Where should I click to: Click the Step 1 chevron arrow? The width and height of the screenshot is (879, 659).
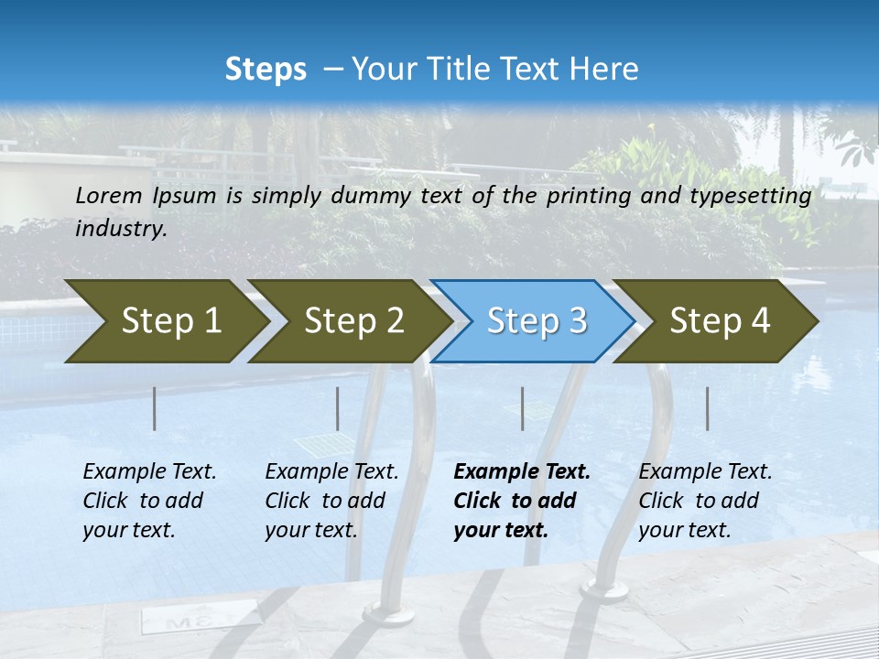click(x=165, y=321)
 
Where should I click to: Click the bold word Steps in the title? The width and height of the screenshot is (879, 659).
click(x=266, y=70)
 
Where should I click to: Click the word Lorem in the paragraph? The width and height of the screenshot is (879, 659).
click(x=108, y=195)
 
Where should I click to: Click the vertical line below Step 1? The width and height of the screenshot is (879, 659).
click(x=155, y=408)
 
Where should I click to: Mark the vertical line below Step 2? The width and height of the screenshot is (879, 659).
click(x=338, y=408)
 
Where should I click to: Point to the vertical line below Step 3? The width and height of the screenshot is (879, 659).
click(x=523, y=408)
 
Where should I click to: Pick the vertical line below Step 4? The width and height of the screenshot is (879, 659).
click(x=707, y=408)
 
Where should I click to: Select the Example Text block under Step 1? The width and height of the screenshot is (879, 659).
click(x=149, y=501)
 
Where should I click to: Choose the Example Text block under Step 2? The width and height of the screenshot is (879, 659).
click(x=331, y=501)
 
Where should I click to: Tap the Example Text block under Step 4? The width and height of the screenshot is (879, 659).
click(x=705, y=501)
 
